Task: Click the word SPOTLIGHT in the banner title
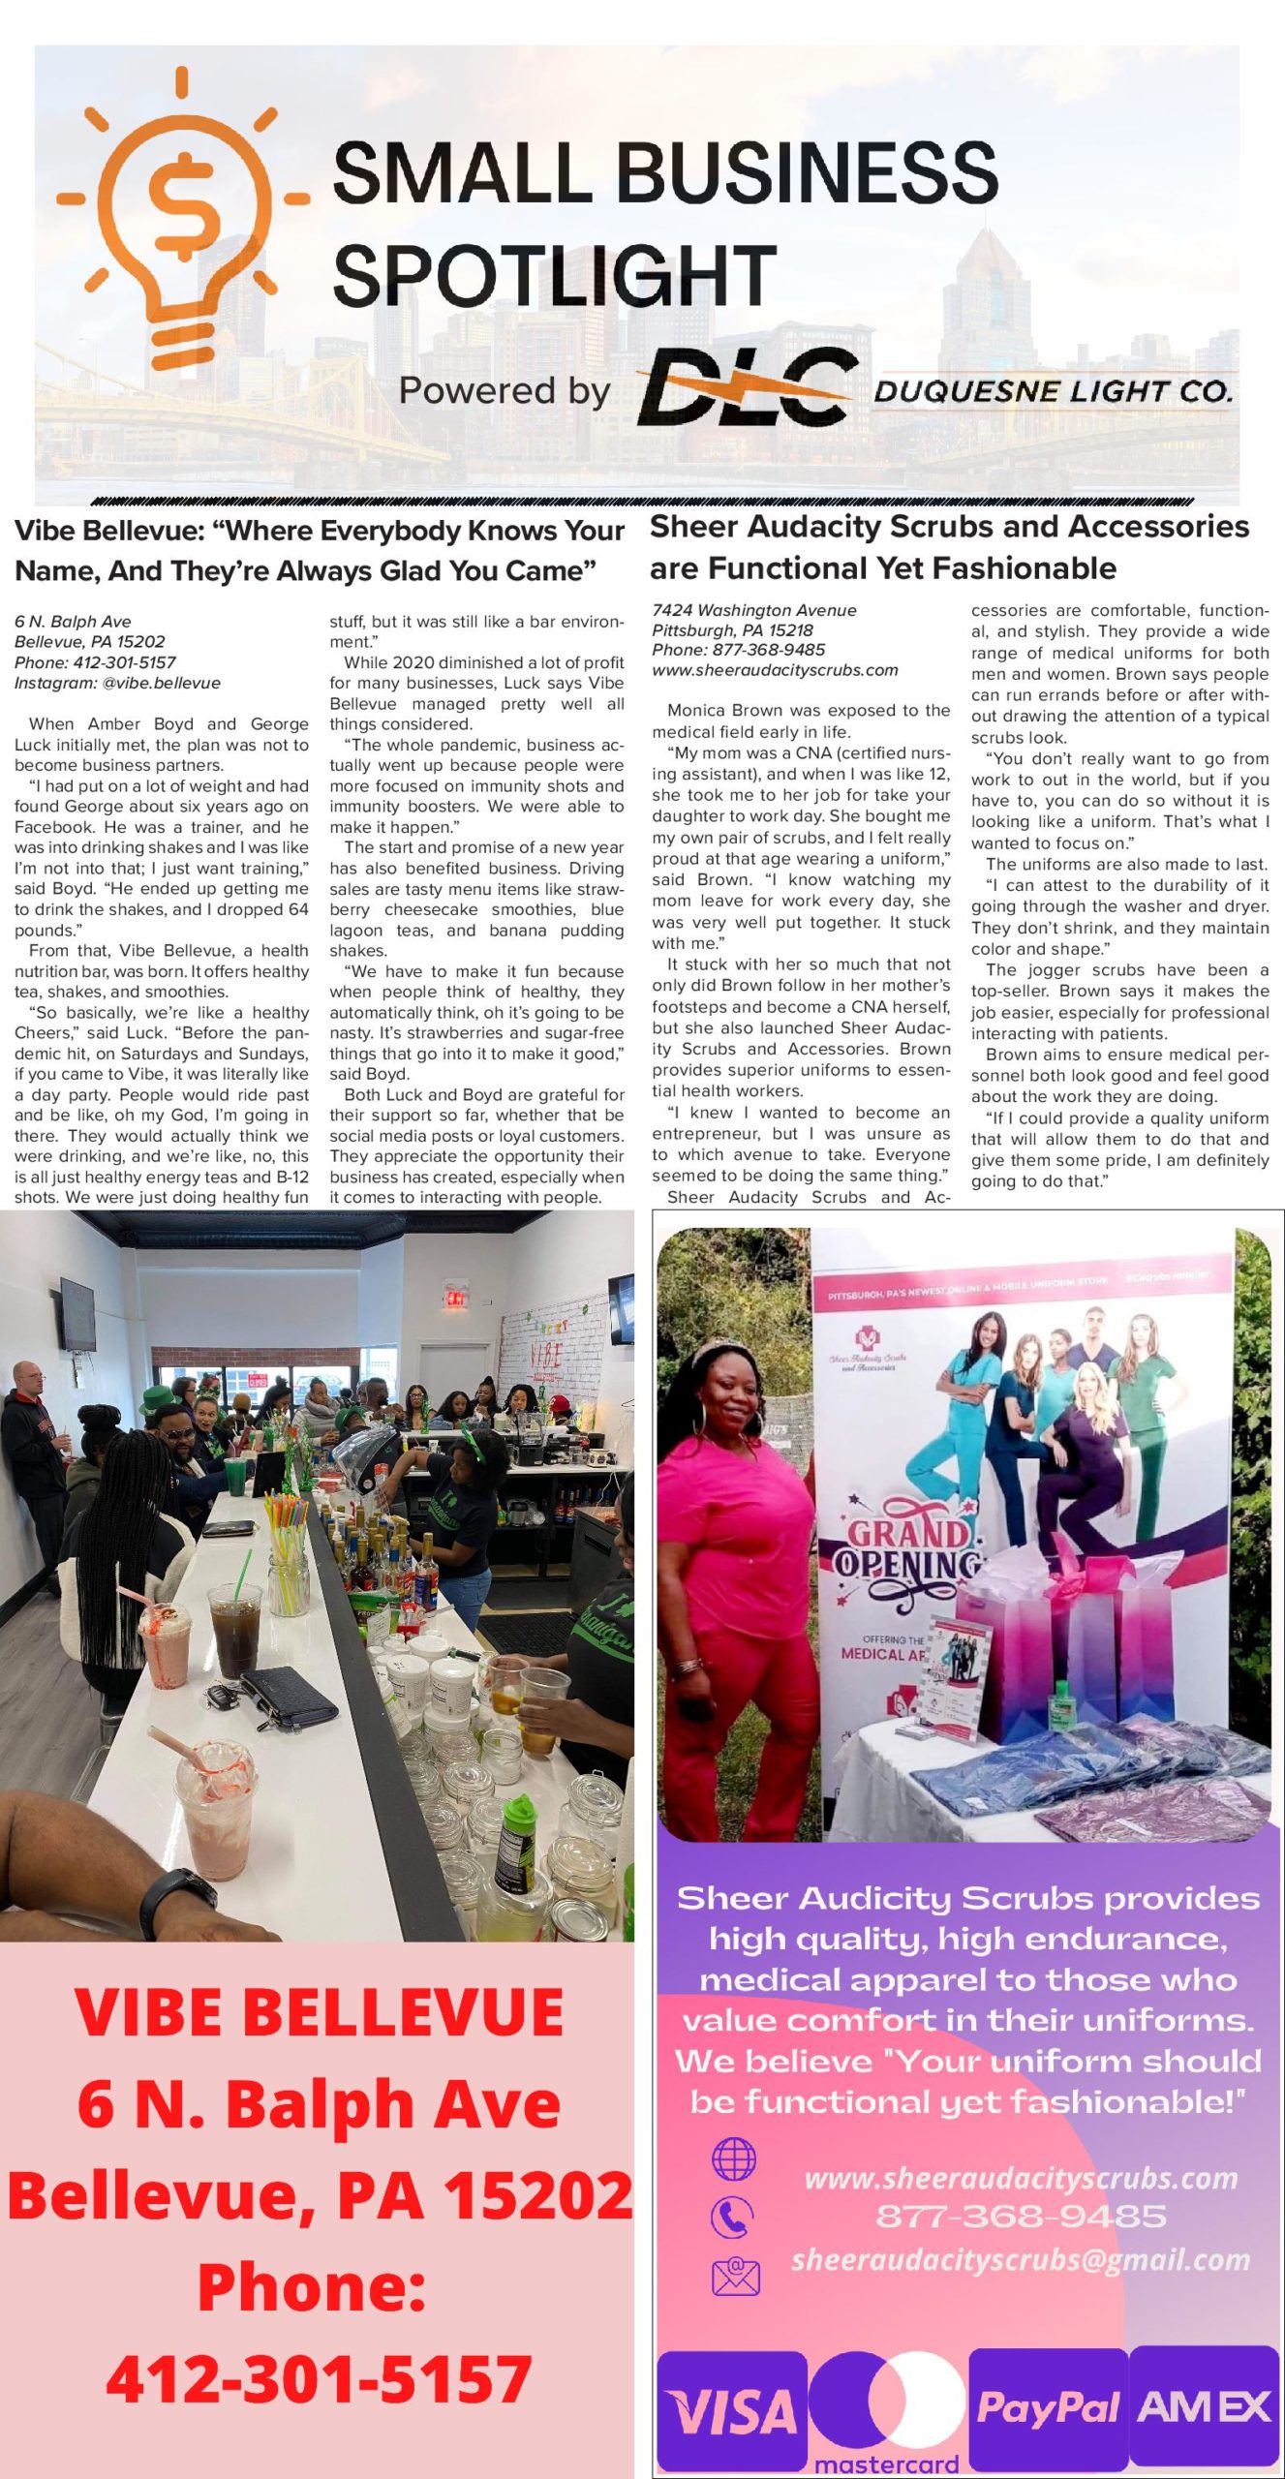tap(555, 276)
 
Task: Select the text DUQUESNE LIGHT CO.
tap(1054, 392)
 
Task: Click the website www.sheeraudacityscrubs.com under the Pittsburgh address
tap(775, 670)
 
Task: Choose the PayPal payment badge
tap(1048, 2407)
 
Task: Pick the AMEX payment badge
tap(1204, 2407)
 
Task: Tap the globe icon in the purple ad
tap(733, 2158)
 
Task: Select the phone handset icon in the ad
tap(732, 2217)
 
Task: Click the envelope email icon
tap(735, 2277)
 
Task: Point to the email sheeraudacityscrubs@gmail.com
tap(1021, 2259)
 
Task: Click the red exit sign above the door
tap(455, 1295)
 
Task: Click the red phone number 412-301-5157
tap(319, 2377)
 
